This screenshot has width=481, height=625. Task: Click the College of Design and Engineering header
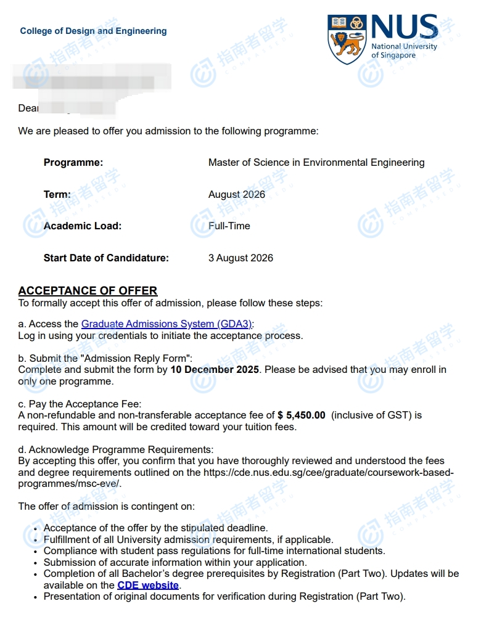(x=93, y=31)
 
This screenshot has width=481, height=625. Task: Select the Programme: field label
(x=73, y=163)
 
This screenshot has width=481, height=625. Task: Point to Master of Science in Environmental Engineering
(x=316, y=163)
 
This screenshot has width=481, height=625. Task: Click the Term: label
(x=57, y=194)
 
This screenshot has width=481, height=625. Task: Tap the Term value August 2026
(x=237, y=194)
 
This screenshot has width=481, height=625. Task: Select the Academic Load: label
(x=83, y=226)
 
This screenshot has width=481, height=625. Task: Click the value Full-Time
(x=229, y=226)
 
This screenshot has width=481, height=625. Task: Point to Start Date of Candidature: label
(x=106, y=258)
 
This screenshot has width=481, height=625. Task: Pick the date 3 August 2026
(x=240, y=258)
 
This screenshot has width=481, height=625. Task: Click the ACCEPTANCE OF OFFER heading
(x=88, y=290)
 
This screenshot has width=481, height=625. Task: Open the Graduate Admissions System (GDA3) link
(x=167, y=324)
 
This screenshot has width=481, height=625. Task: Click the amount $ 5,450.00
(x=301, y=415)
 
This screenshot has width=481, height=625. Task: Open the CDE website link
(x=148, y=585)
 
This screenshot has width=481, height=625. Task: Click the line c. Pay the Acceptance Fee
(x=80, y=404)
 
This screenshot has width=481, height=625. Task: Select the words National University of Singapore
(x=404, y=51)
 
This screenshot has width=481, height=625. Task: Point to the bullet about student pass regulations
(x=214, y=550)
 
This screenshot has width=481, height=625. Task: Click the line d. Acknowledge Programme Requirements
(x=116, y=449)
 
